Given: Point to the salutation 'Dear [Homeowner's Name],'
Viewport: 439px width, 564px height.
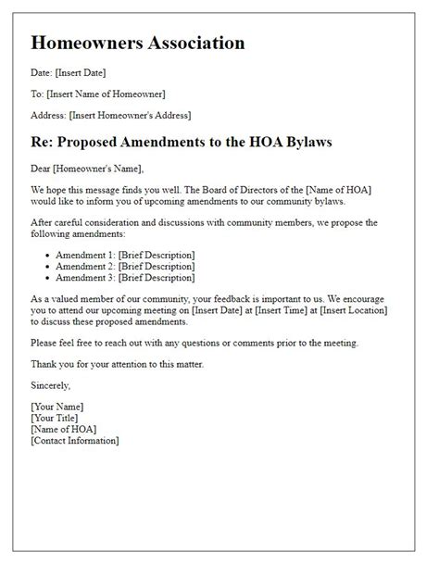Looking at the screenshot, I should (x=88, y=169).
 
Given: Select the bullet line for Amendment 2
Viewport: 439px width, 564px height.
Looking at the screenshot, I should (x=125, y=266).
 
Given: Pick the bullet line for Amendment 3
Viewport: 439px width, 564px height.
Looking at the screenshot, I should (x=125, y=277).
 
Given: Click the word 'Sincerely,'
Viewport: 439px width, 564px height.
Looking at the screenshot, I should (x=52, y=385).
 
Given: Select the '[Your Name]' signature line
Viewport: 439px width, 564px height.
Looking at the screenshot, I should (x=56, y=407).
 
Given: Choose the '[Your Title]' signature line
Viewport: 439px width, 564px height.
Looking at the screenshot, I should (x=56, y=418).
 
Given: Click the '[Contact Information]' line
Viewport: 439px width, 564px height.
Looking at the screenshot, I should (x=75, y=440).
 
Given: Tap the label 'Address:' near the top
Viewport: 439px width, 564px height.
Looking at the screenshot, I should (x=48, y=115).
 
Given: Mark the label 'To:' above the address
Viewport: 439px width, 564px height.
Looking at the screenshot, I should (x=37, y=94).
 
